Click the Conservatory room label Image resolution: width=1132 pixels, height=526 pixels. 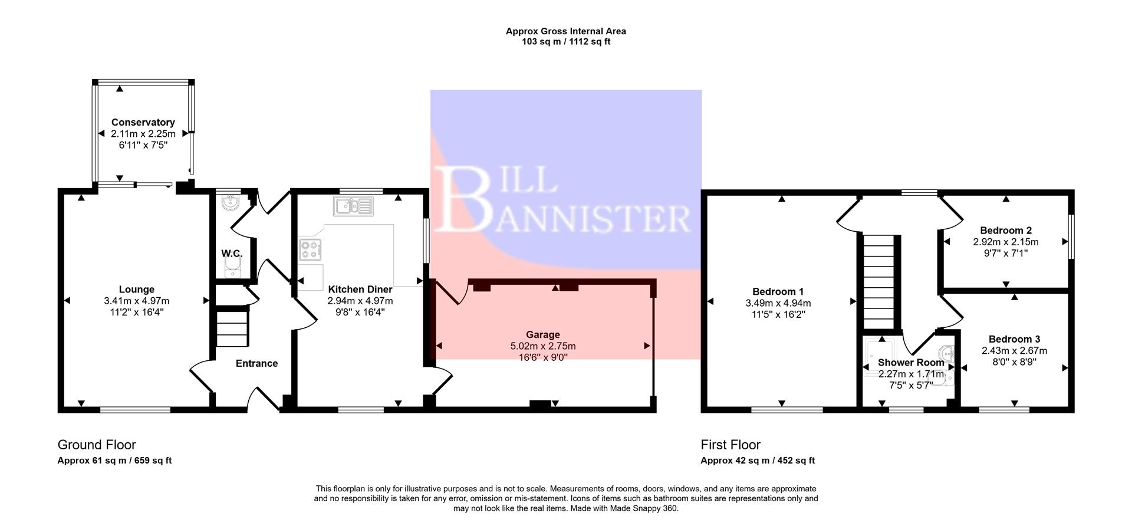coord(143,122)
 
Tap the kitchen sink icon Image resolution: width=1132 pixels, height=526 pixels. coord(353,206)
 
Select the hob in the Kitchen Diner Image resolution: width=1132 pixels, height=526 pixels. coord(310,249)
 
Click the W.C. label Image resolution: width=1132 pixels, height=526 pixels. coord(232,254)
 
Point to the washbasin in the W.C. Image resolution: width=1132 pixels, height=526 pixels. coord(230,203)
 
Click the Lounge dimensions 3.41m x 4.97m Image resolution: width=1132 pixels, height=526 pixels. coord(137,301)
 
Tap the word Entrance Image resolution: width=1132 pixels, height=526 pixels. coord(256,363)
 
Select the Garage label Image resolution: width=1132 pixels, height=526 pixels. coord(542,334)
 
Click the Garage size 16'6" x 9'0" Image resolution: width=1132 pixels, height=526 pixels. coord(542,357)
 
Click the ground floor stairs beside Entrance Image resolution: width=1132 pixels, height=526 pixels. coord(231,329)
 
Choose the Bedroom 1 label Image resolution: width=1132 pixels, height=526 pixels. coord(778,291)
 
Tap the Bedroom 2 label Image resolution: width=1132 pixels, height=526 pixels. coord(1006,231)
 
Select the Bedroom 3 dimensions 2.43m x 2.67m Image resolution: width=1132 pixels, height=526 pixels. coord(1014,351)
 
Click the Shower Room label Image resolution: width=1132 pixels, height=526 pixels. coord(910,363)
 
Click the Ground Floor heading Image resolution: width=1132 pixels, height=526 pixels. coord(97,445)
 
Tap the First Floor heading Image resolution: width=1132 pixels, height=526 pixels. coord(730,445)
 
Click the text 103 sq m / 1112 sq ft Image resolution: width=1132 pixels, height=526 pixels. coord(566,42)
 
